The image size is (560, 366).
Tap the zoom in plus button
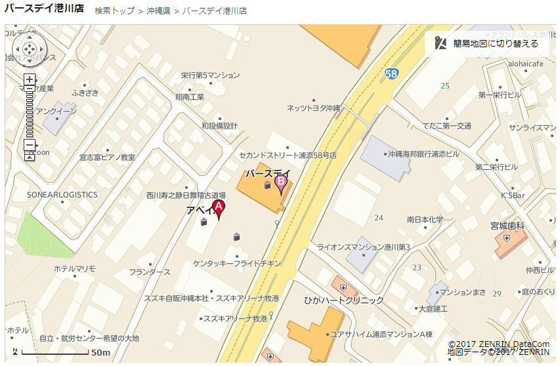coord(30,80)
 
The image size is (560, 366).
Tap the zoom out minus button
coord(30,145)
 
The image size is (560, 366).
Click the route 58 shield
coord(391,73)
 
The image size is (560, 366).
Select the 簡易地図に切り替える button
coord(488,43)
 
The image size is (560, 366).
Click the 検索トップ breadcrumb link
coord(114,11)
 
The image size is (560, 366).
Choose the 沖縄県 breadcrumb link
coord(158,11)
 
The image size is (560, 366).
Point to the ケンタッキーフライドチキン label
coord(237,263)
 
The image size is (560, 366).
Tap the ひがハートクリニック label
coord(343,300)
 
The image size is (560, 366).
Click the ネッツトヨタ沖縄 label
coord(314,108)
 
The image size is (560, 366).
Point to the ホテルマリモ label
coord(74,268)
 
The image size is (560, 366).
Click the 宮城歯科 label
coord(507,226)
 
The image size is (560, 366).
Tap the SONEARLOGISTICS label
coord(62,195)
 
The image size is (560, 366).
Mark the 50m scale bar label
coord(100,353)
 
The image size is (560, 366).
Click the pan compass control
coord(30,49)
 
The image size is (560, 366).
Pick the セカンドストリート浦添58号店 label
coord(288,155)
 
